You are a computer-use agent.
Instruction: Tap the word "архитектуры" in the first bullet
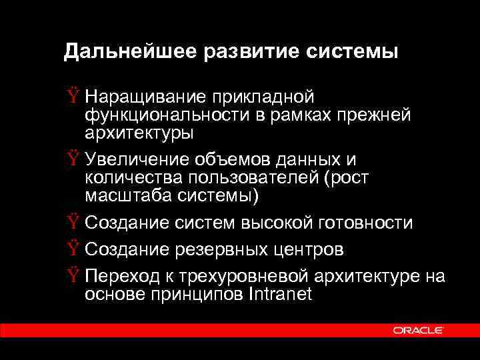click(139, 133)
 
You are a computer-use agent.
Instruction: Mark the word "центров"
click(311, 249)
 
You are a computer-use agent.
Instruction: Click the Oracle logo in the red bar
click(419, 330)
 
